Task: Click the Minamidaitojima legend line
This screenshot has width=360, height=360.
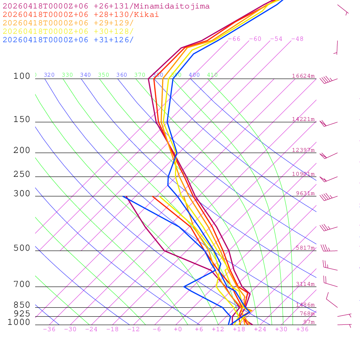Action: coord(106,6)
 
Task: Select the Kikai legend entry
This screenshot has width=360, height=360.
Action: coord(81,15)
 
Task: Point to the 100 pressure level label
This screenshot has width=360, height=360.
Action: coord(22,76)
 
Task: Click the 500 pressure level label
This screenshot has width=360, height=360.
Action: coord(22,248)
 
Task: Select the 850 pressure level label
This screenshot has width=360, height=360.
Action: coord(22,305)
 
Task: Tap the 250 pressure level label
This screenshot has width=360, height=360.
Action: coord(22,174)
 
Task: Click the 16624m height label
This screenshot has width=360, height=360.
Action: coord(303,76)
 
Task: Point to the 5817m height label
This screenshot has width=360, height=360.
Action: coord(305,248)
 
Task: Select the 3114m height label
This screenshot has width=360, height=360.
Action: coord(305,284)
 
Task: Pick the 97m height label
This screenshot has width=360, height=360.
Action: coord(309,322)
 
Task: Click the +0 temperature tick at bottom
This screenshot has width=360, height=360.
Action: coord(178,329)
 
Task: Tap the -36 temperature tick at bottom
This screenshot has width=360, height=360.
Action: coord(49,329)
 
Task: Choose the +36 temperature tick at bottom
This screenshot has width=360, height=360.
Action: coord(302,329)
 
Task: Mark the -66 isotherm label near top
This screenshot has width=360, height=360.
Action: coord(234,39)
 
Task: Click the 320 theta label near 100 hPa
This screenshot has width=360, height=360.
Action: coord(49,75)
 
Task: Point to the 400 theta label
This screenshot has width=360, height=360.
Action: coord(194,75)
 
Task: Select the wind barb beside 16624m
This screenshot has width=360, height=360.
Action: coord(328,80)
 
